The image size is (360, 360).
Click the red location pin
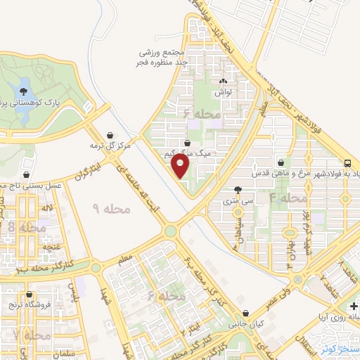tap(181, 166)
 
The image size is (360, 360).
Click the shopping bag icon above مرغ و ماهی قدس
tap(281, 162)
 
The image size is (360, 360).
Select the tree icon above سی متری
tap(240, 189)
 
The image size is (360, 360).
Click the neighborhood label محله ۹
tap(107, 209)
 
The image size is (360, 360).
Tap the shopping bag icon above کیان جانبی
tap(245, 314)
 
